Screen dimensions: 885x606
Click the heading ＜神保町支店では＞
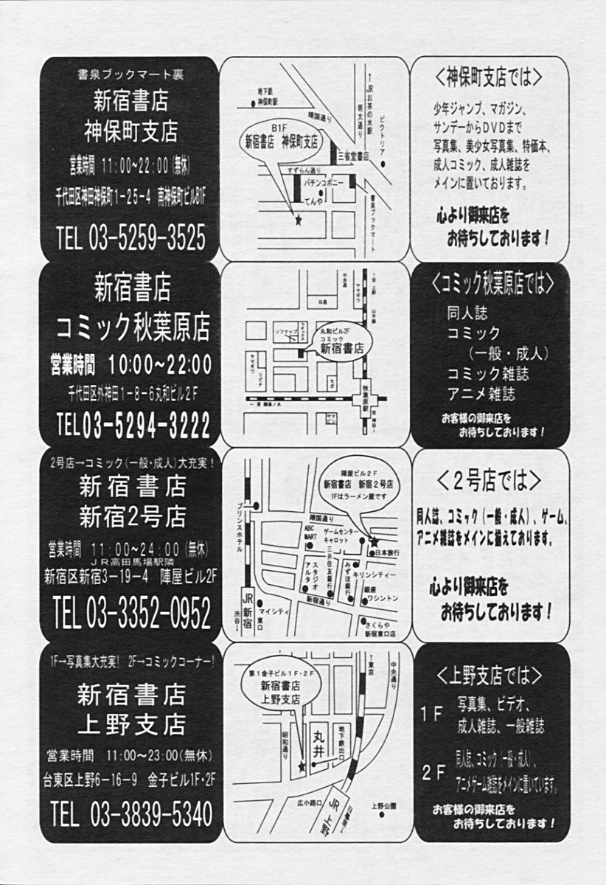(x=489, y=77)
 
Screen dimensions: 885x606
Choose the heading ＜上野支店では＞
(x=489, y=676)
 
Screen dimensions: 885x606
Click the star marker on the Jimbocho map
(x=298, y=220)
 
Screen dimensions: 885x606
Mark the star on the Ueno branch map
(x=302, y=767)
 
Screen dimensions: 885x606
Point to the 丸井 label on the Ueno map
(x=318, y=741)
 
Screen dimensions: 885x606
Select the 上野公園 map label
(x=384, y=805)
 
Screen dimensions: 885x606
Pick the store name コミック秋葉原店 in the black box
(x=133, y=324)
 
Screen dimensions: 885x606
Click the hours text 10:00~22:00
(x=160, y=364)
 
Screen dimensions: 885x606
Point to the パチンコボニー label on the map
(x=321, y=181)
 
